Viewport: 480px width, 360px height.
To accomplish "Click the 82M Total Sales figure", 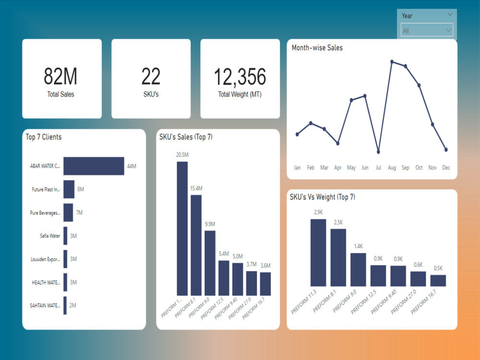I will click(x=60, y=76).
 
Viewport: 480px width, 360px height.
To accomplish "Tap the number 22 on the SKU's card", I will click(x=151, y=76).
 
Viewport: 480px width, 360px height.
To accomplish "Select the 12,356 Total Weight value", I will click(x=240, y=76).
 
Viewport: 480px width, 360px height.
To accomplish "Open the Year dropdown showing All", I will click(x=427, y=31).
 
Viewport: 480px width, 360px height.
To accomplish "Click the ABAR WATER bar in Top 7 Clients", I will click(x=94, y=166).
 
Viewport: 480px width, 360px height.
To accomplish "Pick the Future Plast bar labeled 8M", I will click(x=69, y=190).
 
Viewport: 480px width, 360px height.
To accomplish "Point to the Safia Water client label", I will click(x=50, y=236).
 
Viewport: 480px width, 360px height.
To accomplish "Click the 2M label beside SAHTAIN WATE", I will click(x=72, y=305).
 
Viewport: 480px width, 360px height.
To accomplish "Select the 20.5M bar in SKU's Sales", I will click(x=182, y=228).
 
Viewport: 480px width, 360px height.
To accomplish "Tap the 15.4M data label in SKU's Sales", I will click(x=196, y=188).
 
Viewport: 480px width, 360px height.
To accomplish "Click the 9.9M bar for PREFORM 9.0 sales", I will click(x=210, y=263).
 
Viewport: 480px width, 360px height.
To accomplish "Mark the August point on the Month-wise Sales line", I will click(x=392, y=61).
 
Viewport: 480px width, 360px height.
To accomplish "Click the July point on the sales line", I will click(x=378, y=152).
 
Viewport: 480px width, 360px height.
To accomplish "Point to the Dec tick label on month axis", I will click(x=446, y=168).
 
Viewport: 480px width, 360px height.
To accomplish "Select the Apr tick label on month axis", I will click(x=338, y=168).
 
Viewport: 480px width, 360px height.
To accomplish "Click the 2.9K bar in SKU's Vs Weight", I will click(x=318, y=253).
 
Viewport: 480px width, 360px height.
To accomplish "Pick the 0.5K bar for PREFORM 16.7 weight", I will click(x=438, y=281).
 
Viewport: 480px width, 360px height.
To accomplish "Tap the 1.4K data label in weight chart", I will click(x=358, y=246).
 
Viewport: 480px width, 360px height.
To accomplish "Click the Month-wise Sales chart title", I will click(x=317, y=48).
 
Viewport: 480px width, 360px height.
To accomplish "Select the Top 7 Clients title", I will click(x=44, y=137).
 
